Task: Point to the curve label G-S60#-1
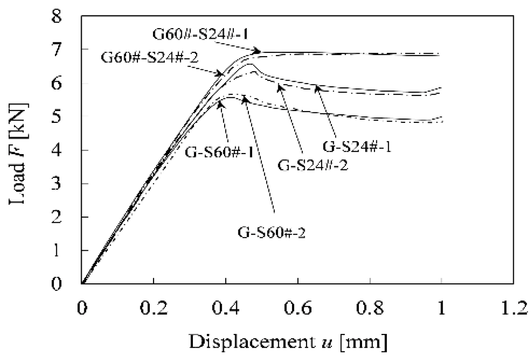(x=219, y=152)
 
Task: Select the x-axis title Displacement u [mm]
(x=288, y=342)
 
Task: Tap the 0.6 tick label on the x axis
(x=298, y=308)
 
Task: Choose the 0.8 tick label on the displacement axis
(x=370, y=308)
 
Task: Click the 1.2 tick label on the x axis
(x=513, y=308)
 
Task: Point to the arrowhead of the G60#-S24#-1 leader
(x=259, y=51)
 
